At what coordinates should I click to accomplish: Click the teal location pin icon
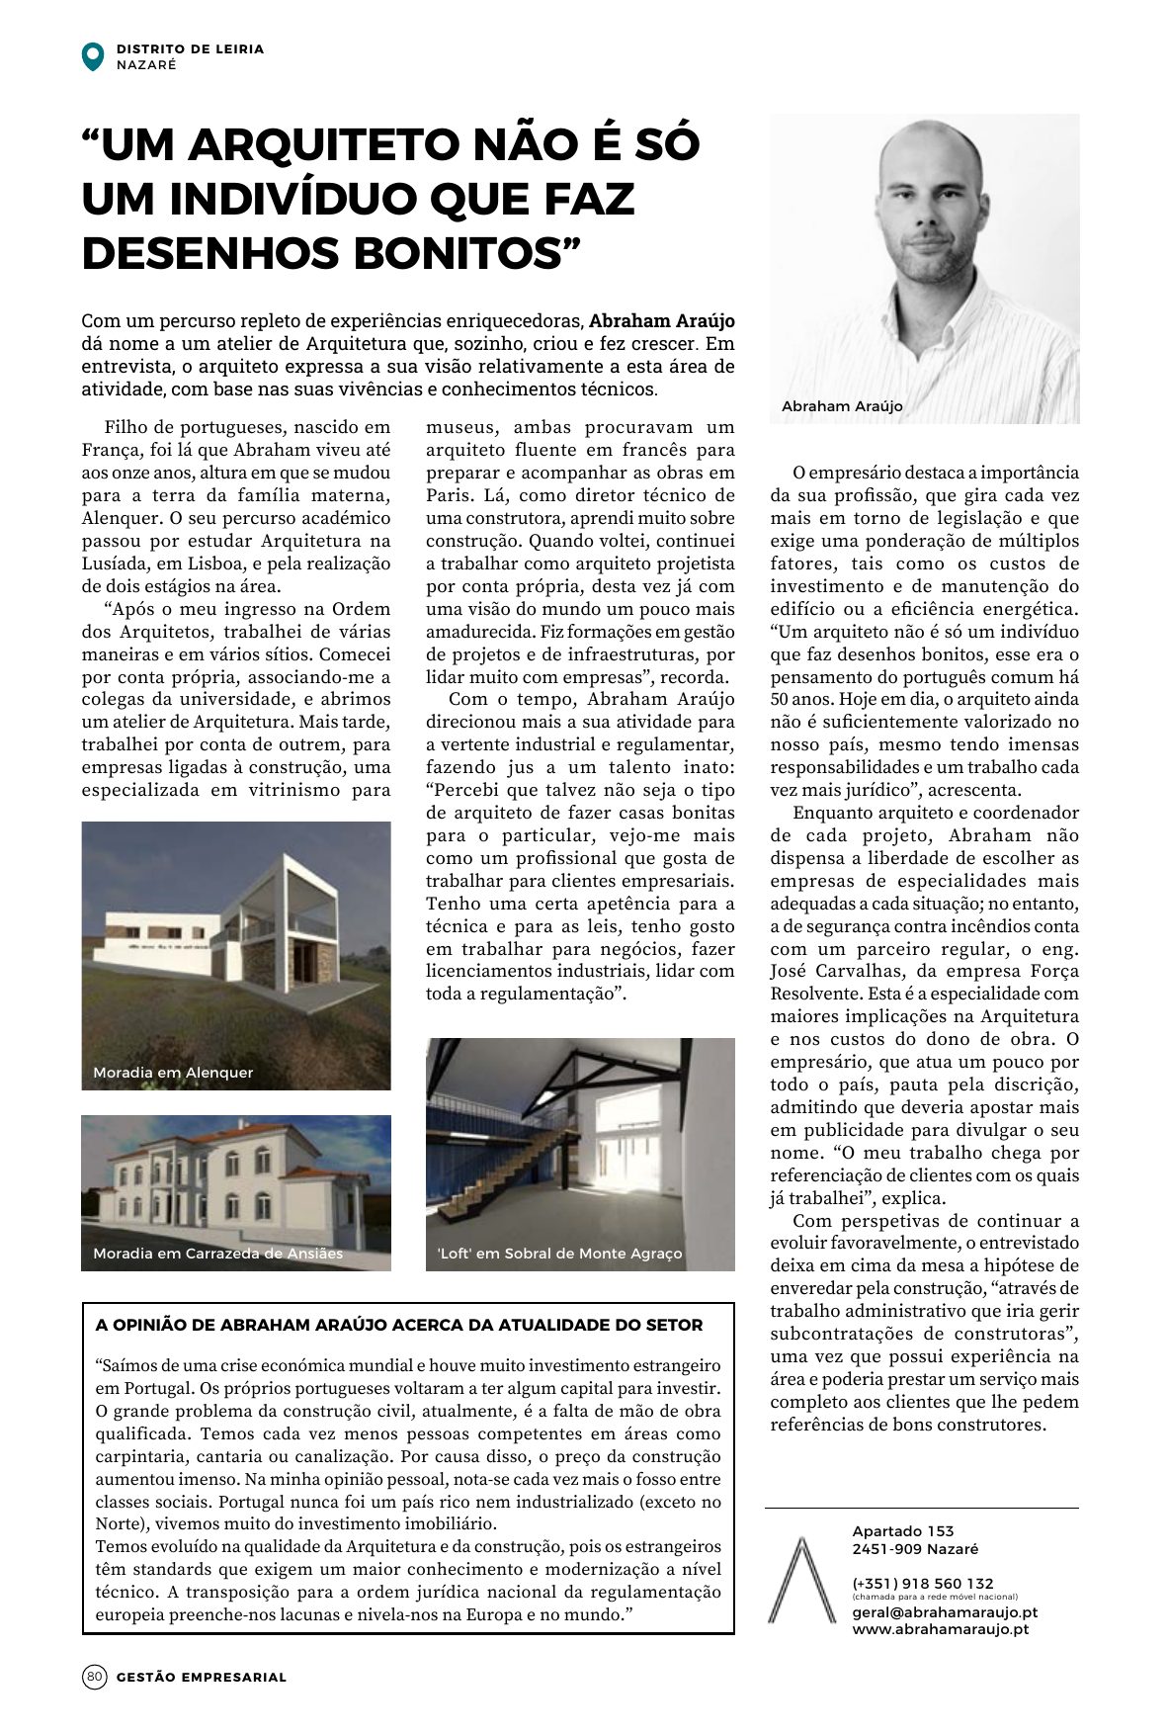(x=92, y=56)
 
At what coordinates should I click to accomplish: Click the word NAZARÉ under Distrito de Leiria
(x=146, y=65)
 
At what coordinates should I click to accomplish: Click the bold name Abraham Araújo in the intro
(x=662, y=321)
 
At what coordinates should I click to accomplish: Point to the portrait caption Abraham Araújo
(x=842, y=406)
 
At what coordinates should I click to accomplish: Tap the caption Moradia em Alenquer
(x=173, y=1073)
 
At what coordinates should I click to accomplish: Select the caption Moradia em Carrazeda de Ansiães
(x=217, y=1254)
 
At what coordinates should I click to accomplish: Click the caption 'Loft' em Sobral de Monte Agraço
(x=559, y=1254)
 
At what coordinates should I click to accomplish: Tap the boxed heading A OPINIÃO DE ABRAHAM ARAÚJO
(x=399, y=1326)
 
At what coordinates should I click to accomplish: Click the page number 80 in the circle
(x=94, y=1677)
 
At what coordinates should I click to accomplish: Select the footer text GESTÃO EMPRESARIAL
(x=202, y=1677)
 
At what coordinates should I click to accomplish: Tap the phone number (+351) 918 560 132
(x=923, y=1583)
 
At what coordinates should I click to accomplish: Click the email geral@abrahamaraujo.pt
(x=944, y=1611)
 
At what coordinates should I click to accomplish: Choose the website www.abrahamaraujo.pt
(x=940, y=1628)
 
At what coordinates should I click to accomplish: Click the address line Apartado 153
(x=903, y=1531)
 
